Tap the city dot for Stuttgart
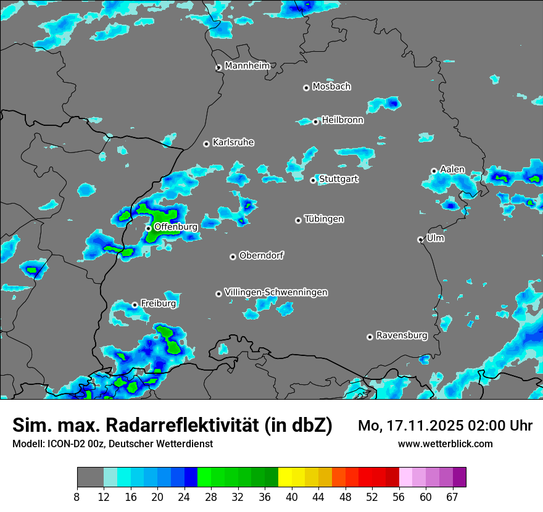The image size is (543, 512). (x=313, y=180)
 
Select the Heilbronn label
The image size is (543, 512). (x=342, y=120)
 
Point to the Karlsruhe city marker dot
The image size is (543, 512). (x=206, y=144)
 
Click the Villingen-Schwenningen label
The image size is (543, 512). (x=276, y=292)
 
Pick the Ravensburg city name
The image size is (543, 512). (x=402, y=336)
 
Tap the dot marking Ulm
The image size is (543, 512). (x=420, y=239)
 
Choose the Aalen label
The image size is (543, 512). (x=452, y=169)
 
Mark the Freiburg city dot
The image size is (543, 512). (x=135, y=305)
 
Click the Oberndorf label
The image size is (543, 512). (x=262, y=255)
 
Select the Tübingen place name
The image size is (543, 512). (x=324, y=219)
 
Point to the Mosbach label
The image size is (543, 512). (x=331, y=86)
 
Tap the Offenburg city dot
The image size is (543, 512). (x=148, y=228)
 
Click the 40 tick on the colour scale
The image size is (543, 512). (x=292, y=497)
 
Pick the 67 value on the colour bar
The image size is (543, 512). (x=452, y=497)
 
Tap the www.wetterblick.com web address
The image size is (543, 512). (x=445, y=444)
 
